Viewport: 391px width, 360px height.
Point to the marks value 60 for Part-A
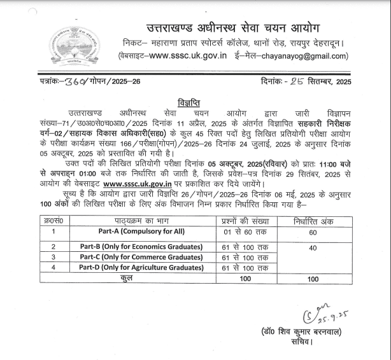313,233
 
